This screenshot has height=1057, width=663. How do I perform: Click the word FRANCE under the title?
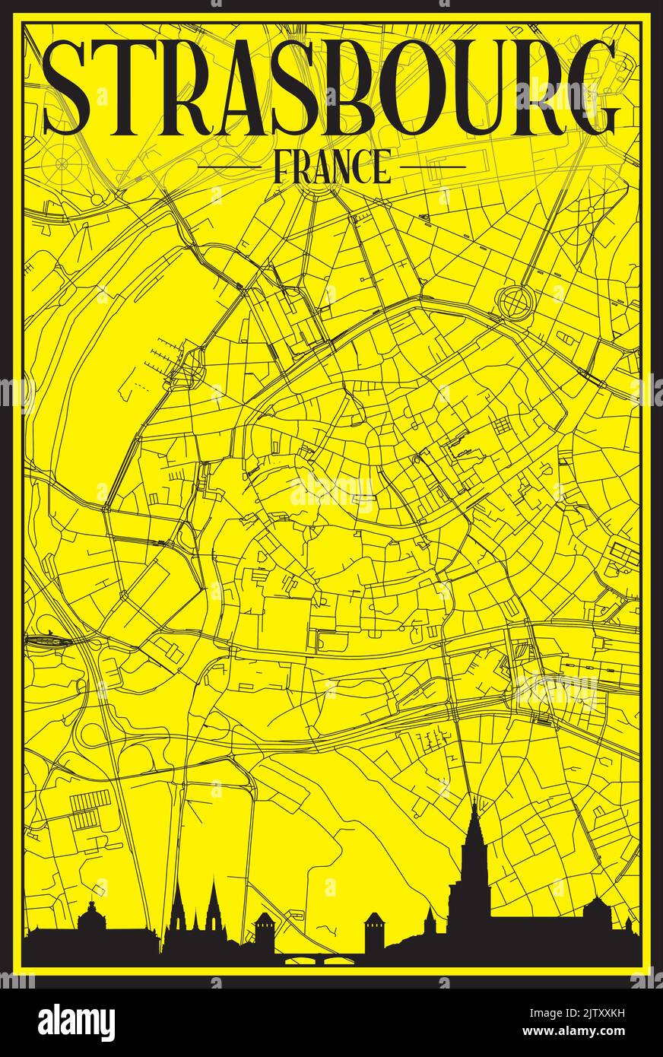pyautogui.click(x=331, y=167)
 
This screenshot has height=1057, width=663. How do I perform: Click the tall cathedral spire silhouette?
pyautogui.click(x=473, y=859)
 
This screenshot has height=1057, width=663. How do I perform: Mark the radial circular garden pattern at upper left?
pyautogui.click(x=64, y=162)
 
